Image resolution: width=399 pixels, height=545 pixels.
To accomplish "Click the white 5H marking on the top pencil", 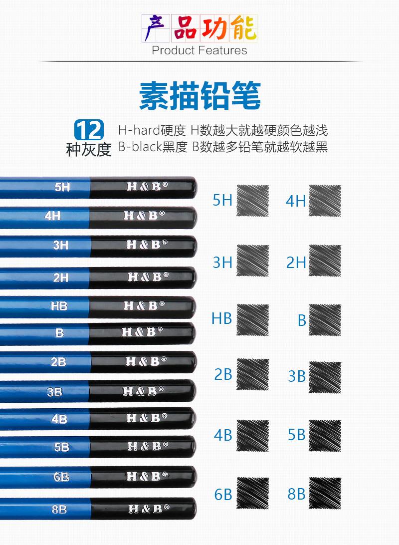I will click(62, 187).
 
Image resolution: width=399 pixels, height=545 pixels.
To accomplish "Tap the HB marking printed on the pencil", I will click(59, 306).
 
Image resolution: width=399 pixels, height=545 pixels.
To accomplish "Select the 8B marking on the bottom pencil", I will click(59, 509).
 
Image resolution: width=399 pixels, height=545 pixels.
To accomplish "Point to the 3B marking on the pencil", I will click(55, 392).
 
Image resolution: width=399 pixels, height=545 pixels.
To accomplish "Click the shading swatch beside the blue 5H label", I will click(252, 201).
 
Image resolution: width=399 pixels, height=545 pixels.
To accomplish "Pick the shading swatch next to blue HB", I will click(252, 319).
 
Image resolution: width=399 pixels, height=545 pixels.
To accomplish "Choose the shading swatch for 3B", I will click(325, 376).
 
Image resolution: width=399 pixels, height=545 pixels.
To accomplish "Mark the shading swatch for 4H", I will click(325, 201).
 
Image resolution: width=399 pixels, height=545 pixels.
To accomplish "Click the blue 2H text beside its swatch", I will click(296, 263).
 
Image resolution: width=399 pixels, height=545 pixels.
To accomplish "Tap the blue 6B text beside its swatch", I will click(223, 494).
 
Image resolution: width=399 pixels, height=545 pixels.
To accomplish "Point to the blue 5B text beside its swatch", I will click(296, 435).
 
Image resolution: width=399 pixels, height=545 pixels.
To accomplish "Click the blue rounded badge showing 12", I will click(89, 130).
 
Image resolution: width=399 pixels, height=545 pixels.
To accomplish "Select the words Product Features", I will click(199, 50).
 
